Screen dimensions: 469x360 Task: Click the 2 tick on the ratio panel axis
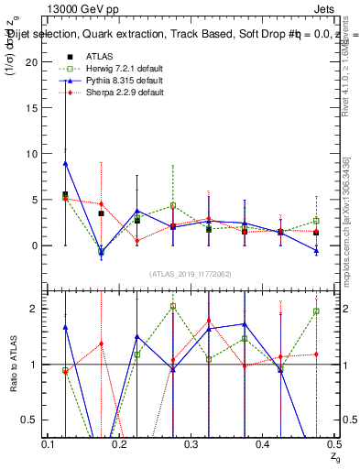click(x=38, y=309)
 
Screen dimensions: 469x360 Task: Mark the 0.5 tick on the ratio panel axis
click(x=34, y=420)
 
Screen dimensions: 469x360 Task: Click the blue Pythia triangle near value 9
click(x=65, y=163)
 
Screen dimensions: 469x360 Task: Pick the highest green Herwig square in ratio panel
click(x=173, y=306)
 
